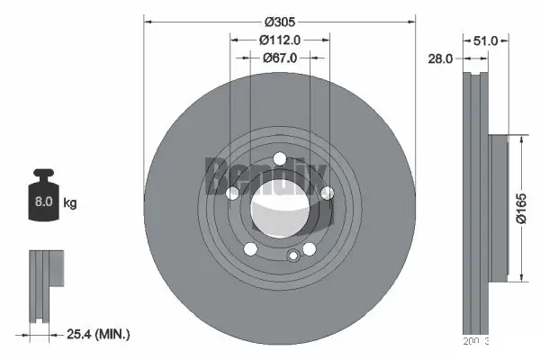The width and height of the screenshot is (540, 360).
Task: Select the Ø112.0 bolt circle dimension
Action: point(279,40)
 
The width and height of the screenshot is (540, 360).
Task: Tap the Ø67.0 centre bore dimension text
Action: point(280,58)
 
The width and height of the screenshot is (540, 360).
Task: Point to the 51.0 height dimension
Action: point(486,40)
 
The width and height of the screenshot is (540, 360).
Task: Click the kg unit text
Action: point(69,203)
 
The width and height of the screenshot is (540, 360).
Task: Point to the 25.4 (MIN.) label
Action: point(98,334)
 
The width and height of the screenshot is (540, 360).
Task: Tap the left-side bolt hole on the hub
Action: point(232,193)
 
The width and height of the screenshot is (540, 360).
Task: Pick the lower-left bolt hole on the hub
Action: point(250,249)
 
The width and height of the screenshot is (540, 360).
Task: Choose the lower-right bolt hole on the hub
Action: point(309,249)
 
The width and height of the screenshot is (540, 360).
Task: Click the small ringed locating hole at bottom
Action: point(292,256)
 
